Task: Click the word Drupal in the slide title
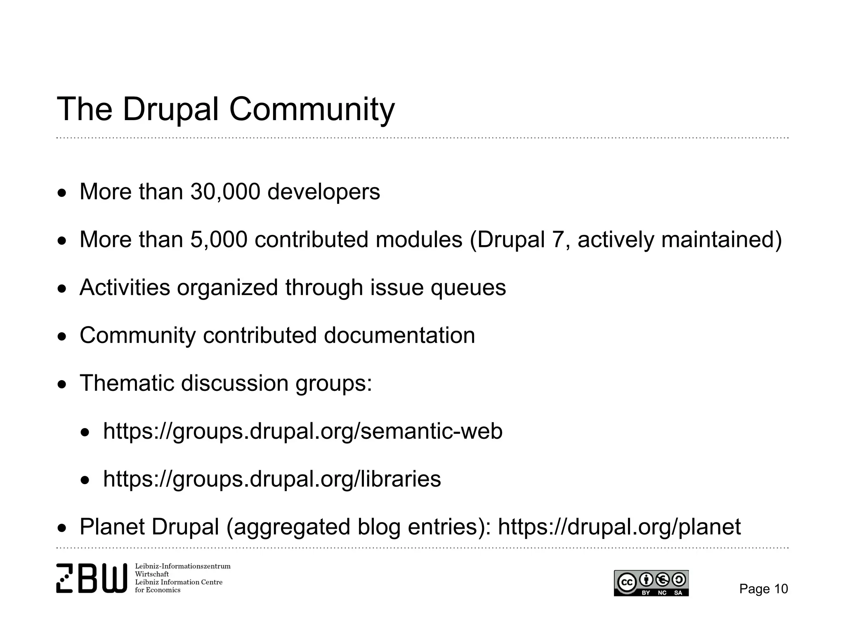point(170,109)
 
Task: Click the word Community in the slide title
point(312,109)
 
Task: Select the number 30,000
point(225,192)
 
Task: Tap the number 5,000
point(219,240)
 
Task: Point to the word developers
point(323,192)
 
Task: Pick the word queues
point(468,288)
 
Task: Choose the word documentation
point(399,335)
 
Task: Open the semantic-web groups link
point(303,431)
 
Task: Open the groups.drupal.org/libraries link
point(272,479)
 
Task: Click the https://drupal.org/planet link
point(619,527)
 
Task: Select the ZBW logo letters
point(92,578)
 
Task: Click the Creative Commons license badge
point(651,583)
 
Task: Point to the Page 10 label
point(763,589)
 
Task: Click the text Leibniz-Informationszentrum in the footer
point(183,566)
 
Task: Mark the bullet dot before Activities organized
point(61,289)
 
